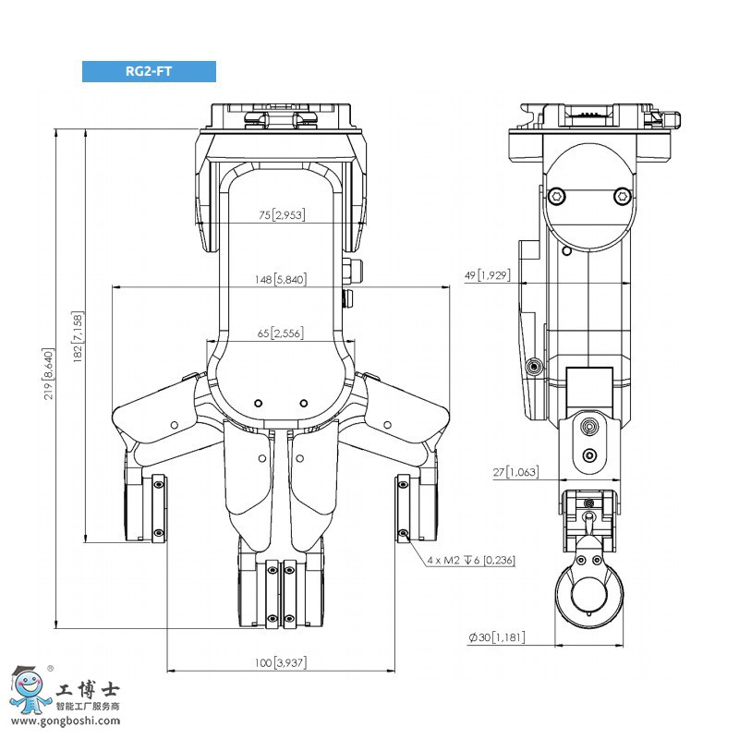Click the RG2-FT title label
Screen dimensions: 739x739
149,71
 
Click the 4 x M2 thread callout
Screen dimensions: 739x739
471,560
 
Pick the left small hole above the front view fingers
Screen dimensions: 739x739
259,403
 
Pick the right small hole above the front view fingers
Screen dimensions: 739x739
303,403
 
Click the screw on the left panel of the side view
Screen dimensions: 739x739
532,367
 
